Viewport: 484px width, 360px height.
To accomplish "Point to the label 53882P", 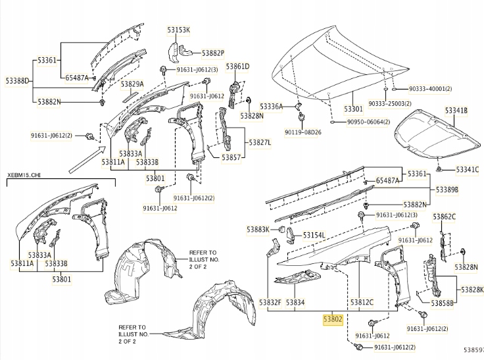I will [x=213, y=53].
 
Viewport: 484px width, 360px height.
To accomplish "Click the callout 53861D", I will [x=237, y=66].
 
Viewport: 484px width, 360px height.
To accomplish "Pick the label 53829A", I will [x=132, y=84].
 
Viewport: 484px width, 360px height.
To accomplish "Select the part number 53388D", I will [x=18, y=81].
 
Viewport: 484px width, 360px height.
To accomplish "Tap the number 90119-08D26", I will [x=303, y=132].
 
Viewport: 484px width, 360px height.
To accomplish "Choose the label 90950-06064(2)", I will [x=366, y=122].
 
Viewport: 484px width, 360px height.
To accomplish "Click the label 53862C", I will [x=444, y=217].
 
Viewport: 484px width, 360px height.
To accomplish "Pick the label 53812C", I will [x=362, y=302].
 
